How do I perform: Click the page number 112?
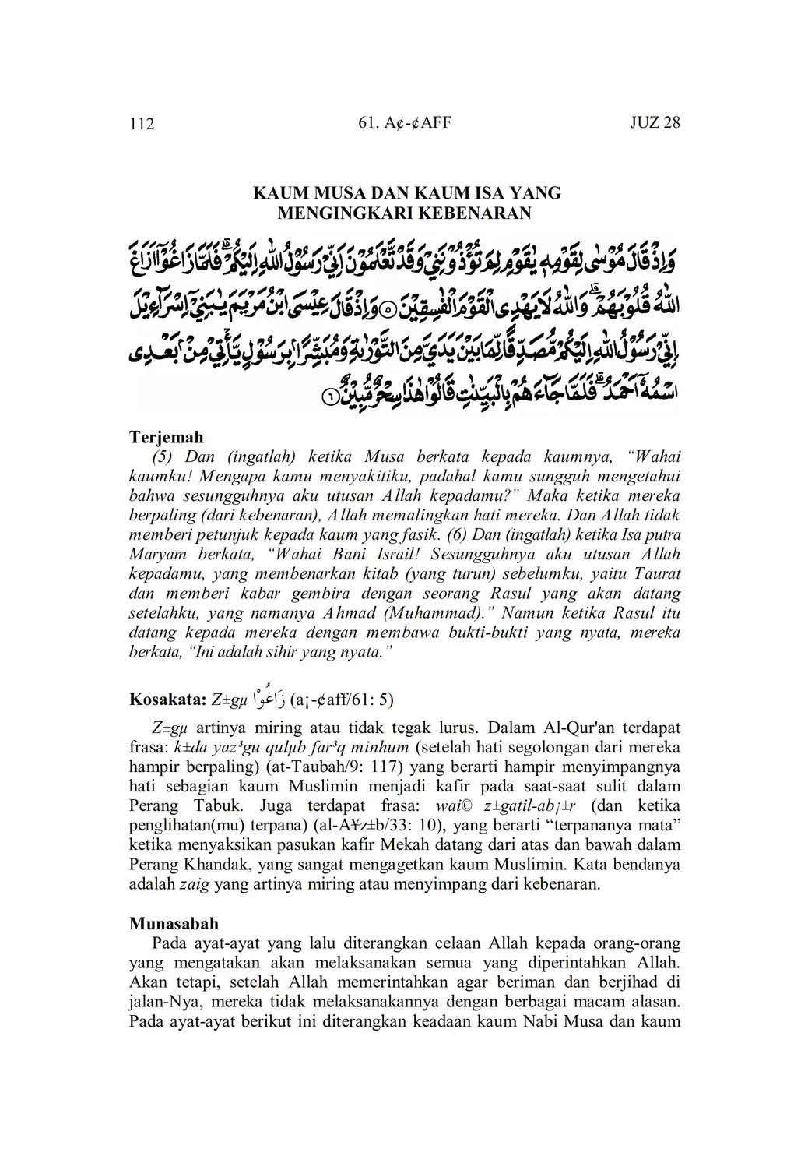coord(142,124)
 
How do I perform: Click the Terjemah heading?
coord(166,437)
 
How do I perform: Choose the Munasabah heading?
coord(174,923)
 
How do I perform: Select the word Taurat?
coord(659,574)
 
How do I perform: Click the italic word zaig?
coord(194,883)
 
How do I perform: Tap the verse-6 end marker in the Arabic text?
coord(330,397)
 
